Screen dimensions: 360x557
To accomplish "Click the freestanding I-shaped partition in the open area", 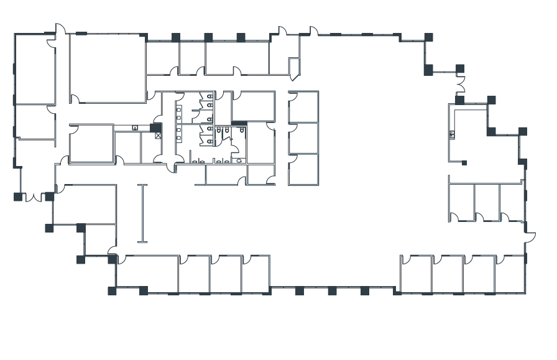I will click(142, 213).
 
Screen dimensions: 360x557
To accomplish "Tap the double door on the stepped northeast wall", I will click(460, 85).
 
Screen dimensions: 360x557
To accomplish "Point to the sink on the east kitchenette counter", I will click(453, 134).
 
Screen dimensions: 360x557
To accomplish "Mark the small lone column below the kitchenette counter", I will click(464, 163).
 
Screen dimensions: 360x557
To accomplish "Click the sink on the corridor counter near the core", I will click(135, 127).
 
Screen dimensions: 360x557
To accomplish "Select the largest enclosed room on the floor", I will click(108, 68).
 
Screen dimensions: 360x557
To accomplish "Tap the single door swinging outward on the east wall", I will click(530, 237).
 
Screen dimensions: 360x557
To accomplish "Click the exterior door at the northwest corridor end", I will click(60, 30).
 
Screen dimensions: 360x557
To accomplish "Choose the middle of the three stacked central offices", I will click(303, 138).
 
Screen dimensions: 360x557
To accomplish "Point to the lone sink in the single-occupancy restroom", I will click(239, 160).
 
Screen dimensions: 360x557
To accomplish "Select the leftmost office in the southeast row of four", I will click(416, 274).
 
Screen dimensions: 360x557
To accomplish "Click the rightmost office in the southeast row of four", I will click(510, 274).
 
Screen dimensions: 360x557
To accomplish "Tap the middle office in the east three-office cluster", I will click(487, 202).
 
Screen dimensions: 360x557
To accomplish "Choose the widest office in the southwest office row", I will click(147, 274).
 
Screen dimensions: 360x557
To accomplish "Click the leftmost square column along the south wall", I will click(112, 290).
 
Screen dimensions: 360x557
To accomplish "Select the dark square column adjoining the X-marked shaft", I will click(154, 127).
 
